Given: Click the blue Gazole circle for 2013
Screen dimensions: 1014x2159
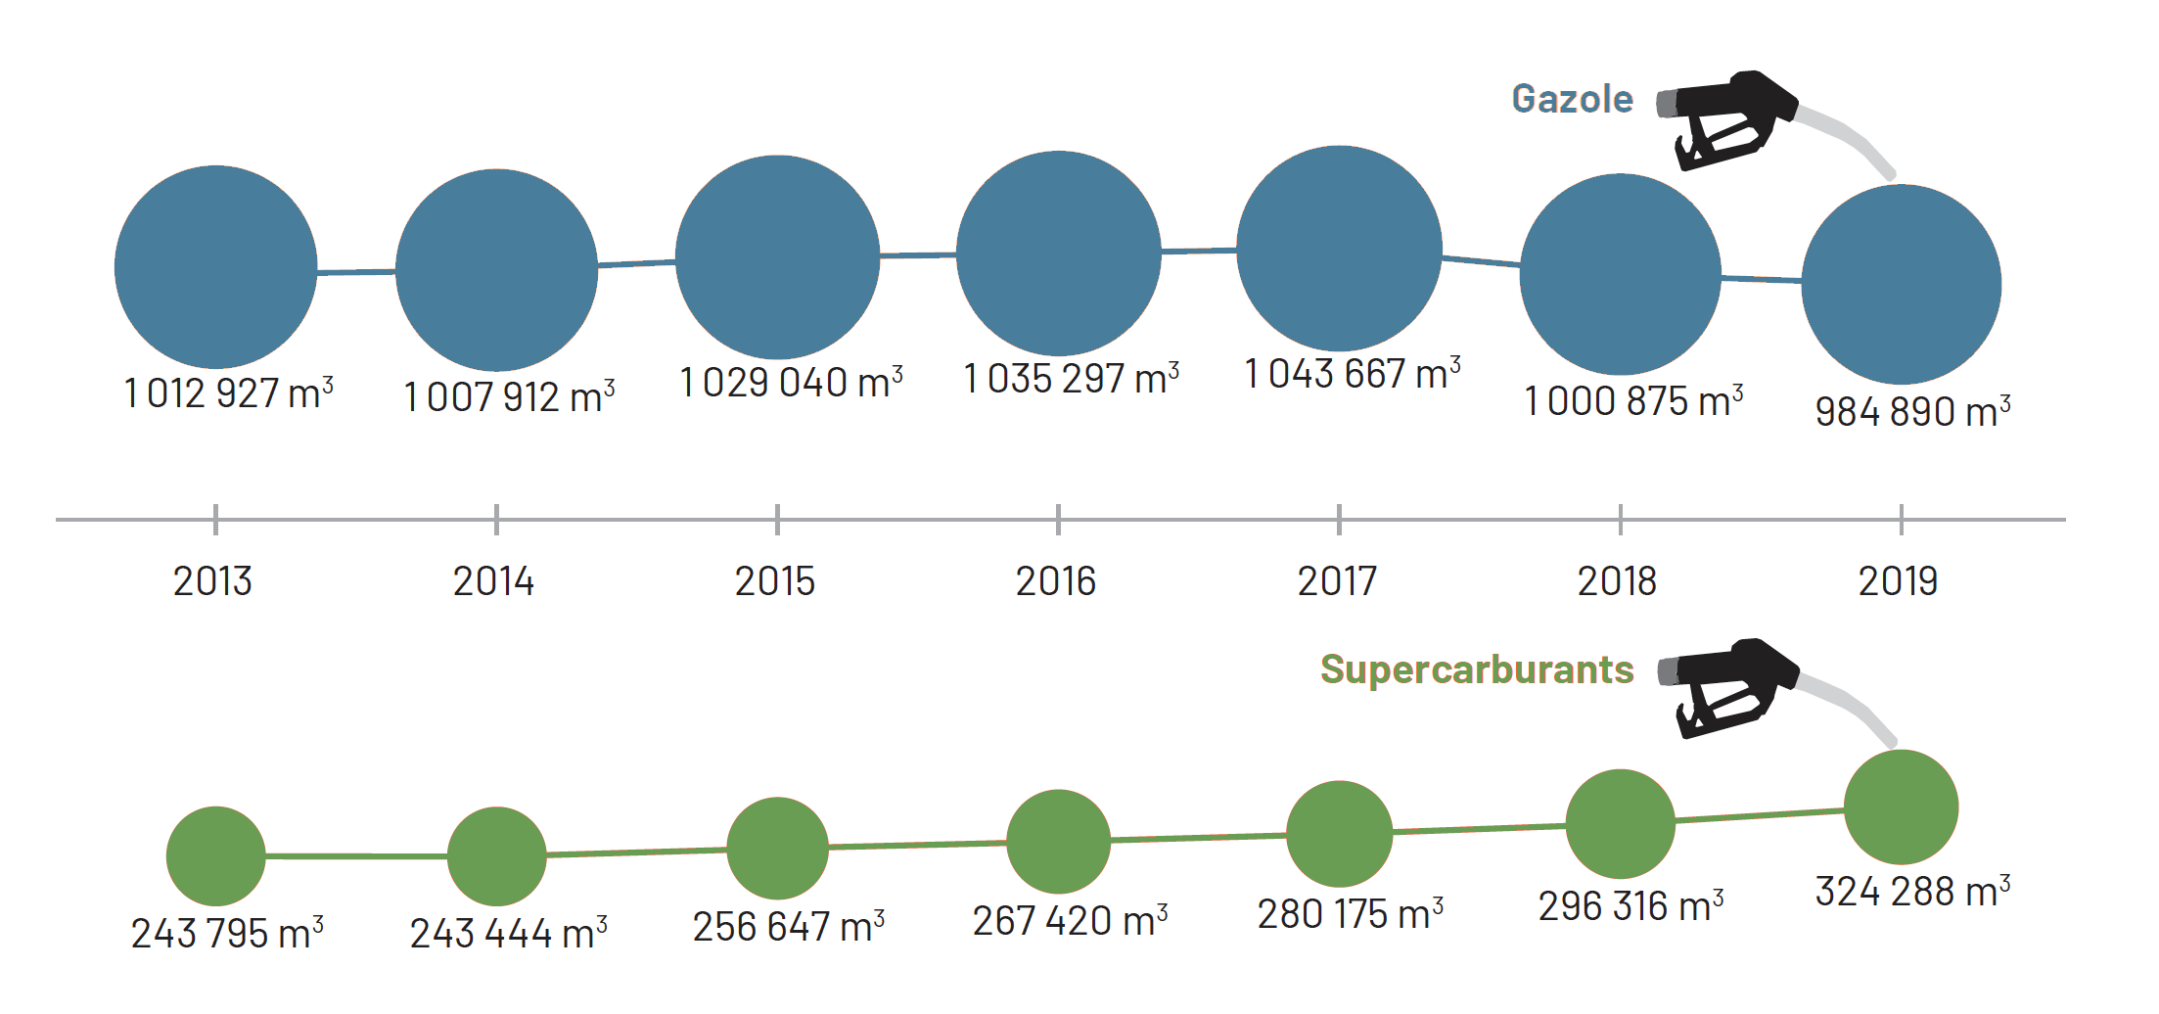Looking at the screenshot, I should pyautogui.click(x=215, y=266).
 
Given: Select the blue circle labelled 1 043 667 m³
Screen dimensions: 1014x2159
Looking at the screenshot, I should pyautogui.click(x=1339, y=248).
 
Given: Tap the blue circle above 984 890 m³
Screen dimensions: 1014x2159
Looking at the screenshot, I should pyautogui.click(x=1901, y=284).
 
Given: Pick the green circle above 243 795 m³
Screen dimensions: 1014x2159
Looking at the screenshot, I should pyautogui.click(x=215, y=855).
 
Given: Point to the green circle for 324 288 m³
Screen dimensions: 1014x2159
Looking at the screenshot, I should pyautogui.click(x=1901, y=807).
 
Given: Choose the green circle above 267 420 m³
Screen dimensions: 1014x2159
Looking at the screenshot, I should pyautogui.click(x=1058, y=841).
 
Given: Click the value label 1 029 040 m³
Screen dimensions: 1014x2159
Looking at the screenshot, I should pyautogui.click(x=791, y=382).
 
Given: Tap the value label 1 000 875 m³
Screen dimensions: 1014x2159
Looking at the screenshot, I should pyautogui.click(x=1633, y=400).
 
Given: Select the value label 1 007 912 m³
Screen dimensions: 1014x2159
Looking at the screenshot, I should pyautogui.click(x=509, y=396).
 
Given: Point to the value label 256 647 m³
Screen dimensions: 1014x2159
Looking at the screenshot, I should pyautogui.click(x=789, y=926).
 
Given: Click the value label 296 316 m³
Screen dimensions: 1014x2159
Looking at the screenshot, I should pyautogui.click(x=1631, y=905).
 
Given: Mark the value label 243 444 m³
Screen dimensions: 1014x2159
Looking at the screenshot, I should pyautogui.click(x=508, y=933).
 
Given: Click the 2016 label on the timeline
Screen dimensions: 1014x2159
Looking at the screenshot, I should pyautogui.click(x=1056, y=581).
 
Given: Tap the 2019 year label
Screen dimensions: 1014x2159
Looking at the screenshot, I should pyautogui.click(x=1898, y=581).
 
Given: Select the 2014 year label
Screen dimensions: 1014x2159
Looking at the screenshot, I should pyautogui.click(x=493, y=581).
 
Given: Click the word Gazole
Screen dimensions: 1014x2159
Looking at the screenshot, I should pyautogui.click(x=1572, y=99).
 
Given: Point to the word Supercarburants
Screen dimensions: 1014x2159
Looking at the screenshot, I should pyautogui.click(x=1477, y=669).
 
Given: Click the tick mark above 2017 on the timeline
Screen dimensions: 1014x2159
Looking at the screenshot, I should pyautogui.click(x=1339, y=519).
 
